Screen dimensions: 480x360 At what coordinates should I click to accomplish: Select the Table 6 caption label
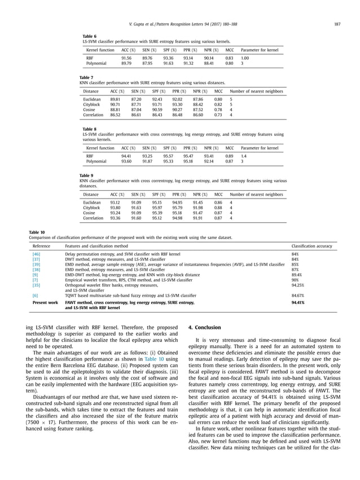90,36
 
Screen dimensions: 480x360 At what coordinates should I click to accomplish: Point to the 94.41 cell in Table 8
126,156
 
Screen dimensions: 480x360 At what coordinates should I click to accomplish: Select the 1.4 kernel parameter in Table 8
244,156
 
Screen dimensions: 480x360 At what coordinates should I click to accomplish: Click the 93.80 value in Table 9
115,208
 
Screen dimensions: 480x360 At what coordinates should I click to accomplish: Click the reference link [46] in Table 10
36,254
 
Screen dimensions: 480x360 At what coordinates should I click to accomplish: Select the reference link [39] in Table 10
36,264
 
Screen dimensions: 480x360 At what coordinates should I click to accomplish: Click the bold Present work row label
45,302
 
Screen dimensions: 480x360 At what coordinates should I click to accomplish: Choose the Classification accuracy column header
312,246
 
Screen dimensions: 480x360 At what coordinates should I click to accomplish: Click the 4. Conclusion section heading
204,327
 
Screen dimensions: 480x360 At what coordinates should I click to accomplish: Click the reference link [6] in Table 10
35,295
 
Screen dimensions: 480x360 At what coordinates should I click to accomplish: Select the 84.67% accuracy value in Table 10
298,295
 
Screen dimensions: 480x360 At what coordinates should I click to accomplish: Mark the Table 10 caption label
37,232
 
